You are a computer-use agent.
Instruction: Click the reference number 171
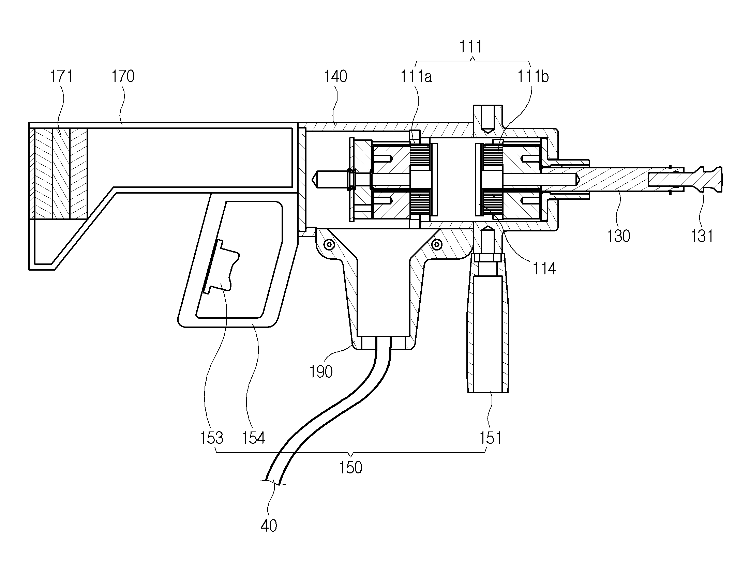tap(62, 76)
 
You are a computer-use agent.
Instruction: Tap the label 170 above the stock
tap(123, 76)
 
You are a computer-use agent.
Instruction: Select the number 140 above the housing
tap(335, 76)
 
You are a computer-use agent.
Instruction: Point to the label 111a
tap(416, 76)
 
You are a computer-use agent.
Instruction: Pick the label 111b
tap(533, 76)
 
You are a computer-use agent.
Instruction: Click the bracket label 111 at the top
tap(471, 47)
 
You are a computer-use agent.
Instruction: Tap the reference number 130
tap(618, 236)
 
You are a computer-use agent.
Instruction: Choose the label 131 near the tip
tap(702, 236)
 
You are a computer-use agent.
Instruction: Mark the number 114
tap(544, 268)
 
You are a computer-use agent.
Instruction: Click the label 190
tap(321, 372)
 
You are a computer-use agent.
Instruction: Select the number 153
tap(212, 438)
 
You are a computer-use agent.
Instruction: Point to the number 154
tap(254, 438)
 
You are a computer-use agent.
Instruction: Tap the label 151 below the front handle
tap(491, 438)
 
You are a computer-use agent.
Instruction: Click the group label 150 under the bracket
tap(350, 468)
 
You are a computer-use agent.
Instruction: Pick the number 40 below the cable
tap(269, 526)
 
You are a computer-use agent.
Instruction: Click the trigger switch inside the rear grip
tap(221, 266)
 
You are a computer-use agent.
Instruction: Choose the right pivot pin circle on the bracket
tap(437, 244)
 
